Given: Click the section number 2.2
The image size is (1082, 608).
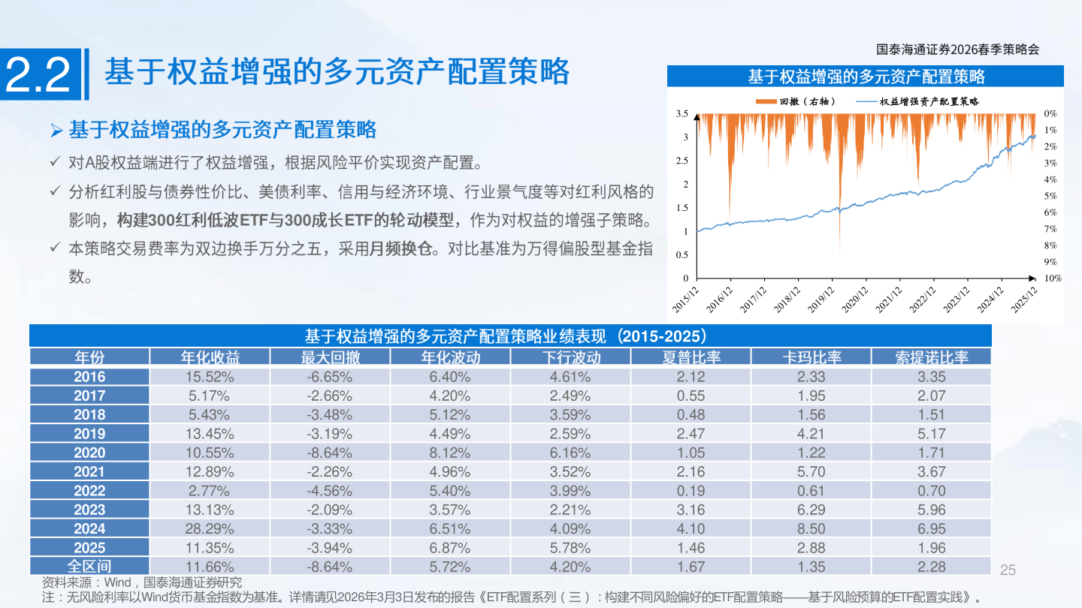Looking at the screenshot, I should tap(38, 75).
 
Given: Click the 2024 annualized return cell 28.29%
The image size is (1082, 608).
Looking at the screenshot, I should tap(210, 529).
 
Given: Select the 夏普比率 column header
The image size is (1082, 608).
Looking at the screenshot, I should tap(691, 357).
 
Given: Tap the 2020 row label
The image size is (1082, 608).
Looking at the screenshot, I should tap(89, 453).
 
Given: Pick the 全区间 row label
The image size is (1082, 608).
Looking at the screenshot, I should tap(89, 567).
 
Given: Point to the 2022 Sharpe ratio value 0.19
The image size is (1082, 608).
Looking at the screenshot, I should tap(691, 491).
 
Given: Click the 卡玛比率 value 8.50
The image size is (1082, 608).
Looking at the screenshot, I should tap(811, 529).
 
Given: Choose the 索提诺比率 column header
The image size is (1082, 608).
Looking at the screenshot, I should tap(931, 357).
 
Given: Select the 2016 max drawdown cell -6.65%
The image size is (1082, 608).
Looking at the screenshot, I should tap(330, 377).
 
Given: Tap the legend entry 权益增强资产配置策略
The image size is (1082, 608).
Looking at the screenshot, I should tap(928, 101).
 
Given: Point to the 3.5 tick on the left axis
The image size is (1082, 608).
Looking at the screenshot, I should tap(682, 113).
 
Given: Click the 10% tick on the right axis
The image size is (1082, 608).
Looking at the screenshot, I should tap(1052, 278).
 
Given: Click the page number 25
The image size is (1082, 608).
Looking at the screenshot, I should tap(1008, 570).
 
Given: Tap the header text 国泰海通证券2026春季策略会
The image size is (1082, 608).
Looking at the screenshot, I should tap(957, 50).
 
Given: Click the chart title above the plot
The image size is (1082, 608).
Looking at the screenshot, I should tap(866, 77).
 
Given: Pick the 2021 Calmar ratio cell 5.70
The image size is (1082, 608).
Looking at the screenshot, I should tap(811, 472).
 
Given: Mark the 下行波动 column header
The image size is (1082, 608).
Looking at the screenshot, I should tap(570, 357).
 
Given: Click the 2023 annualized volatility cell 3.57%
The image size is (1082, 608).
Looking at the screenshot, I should tap(450, 510).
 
